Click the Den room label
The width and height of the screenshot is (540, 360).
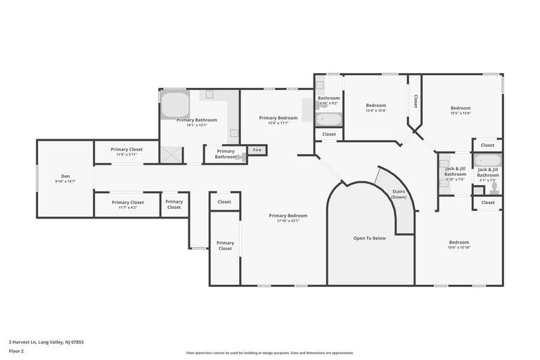point(65,176)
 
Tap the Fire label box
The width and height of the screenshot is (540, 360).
point(257,150)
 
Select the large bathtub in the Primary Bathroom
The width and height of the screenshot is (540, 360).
point(175,104)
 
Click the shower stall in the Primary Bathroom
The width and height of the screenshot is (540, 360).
point(172,155)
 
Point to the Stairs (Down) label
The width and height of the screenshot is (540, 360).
point(399,193)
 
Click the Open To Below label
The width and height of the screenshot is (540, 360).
point(369,238)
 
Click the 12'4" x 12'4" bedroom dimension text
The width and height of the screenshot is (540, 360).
point(375,110)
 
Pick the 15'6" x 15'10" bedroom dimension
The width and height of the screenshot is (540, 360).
point(458,247)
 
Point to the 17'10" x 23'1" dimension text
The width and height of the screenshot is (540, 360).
point(288,221)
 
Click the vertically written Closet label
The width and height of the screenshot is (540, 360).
point(415,101)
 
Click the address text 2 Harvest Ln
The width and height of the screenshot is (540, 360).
point(46,342)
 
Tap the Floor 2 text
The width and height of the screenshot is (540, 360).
point(16,350)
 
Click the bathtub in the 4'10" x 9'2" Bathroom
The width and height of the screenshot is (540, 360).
point(328,118)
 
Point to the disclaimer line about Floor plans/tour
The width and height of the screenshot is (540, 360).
point(270,353)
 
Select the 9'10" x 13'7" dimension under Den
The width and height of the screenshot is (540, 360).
point(65,181)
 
